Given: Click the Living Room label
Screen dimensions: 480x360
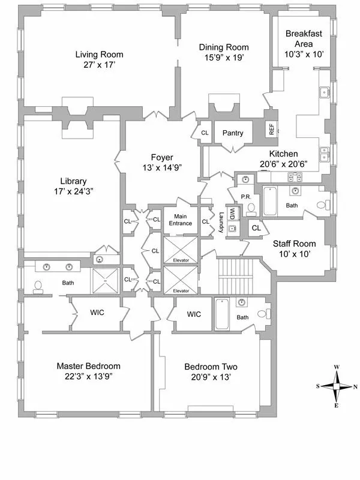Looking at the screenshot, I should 99,55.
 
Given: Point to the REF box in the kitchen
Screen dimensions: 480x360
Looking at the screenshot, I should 271,128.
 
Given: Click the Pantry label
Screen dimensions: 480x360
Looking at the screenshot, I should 232,133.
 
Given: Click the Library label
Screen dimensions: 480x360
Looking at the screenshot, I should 73,181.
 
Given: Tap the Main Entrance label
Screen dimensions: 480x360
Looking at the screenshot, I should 180,220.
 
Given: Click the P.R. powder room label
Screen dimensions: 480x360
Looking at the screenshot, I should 245,196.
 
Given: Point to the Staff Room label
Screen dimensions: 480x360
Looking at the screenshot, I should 294,243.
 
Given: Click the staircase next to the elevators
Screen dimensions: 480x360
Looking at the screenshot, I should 237,276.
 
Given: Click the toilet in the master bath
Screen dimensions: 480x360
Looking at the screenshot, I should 38,286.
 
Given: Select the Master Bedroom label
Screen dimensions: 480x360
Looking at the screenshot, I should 89,366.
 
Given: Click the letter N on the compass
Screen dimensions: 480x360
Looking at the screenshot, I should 356,387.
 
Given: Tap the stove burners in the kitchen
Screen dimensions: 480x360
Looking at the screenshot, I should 295,176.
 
